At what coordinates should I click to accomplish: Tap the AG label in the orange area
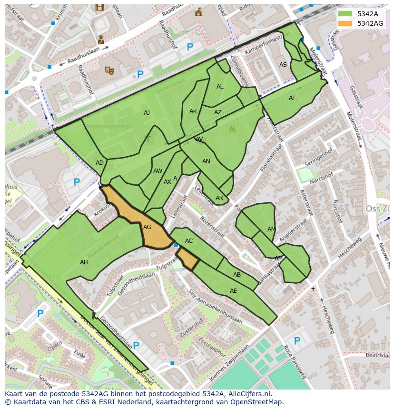148,227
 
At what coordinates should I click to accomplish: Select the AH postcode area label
84,262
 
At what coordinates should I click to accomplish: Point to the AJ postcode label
147,113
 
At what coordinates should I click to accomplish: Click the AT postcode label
292,98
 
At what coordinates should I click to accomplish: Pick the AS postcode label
283,65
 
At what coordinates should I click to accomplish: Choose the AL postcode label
220,87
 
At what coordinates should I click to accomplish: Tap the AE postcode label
233,291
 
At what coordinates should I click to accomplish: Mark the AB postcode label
237,275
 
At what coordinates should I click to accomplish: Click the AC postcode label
189,241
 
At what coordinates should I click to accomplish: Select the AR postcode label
219,198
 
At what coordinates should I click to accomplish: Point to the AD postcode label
99,163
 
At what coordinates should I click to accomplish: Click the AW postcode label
158,171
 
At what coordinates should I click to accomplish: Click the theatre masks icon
109,70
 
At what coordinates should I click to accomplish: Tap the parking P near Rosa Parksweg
297,340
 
